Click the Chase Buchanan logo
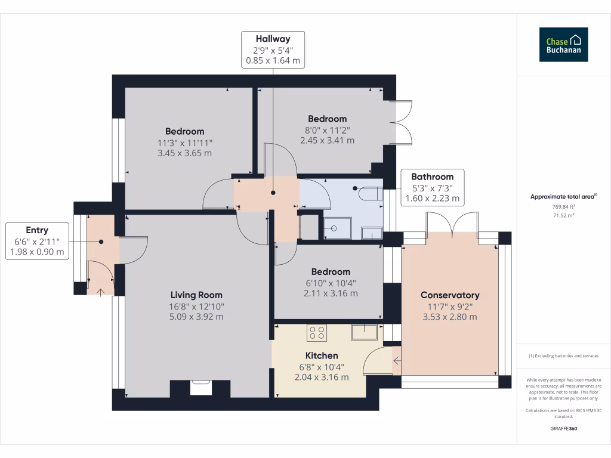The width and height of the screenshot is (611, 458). click(x=563, y=44)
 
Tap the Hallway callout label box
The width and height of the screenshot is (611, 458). click(x=273, y=50)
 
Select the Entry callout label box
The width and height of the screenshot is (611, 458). click(x=37, y=241)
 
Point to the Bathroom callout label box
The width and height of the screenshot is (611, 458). click(x=433, y=187)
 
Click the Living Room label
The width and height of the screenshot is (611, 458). click(x=196, y=295)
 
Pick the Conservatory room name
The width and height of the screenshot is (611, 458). click(x=450, y=295)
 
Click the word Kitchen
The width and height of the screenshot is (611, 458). click(x=322, y=355)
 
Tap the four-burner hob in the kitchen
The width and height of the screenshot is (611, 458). click(x=316, y=333)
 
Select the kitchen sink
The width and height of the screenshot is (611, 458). click(x=365, y=332)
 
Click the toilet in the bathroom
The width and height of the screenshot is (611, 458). click(x=370, y=194)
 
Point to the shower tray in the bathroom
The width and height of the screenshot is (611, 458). click(x=338, y=228)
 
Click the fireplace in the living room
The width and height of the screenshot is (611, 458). click(x=200, y=388)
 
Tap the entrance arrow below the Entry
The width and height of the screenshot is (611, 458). click(x=100, y=292)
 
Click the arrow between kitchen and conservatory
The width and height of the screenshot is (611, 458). click(x=397, y=361)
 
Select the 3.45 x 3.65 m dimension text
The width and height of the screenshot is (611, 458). click(x=185, y=153)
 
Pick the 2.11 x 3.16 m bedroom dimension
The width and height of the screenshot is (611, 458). click(x=331, y=293)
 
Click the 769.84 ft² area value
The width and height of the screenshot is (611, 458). click(x=563, y=207)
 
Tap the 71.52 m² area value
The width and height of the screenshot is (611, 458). click(x=563, y=215)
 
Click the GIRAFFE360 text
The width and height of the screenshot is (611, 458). click(x=563, y=428)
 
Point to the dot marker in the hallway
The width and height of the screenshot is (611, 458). click(x=273, y=193)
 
